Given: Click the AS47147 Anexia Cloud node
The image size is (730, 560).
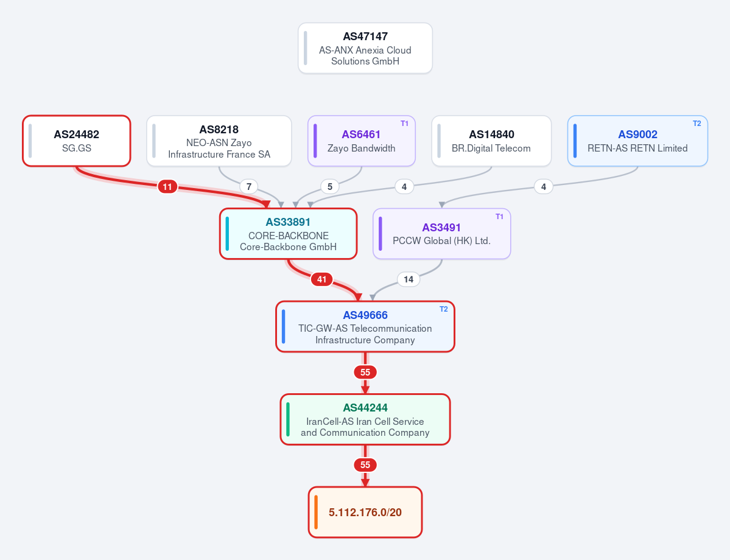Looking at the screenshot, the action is pos(365,49).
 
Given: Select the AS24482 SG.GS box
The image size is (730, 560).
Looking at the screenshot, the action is pos(76,141).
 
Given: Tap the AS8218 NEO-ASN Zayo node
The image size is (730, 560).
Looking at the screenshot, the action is pos(219,141).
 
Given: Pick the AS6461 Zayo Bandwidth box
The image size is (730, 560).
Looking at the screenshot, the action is pos(361,141).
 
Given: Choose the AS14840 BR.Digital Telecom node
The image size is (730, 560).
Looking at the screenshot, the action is pos(491,141).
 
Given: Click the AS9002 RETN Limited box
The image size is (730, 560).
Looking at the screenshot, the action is pos(637,141).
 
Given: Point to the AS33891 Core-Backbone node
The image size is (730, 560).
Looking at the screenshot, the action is pos(288,234).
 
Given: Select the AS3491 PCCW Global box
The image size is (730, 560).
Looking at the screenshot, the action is pos(441,234).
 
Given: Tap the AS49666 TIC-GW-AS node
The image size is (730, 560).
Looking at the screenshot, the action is pos(365,327).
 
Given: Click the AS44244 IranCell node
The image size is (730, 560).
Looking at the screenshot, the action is pos(365,419).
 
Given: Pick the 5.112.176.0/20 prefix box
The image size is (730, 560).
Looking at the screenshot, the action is pos(365,512).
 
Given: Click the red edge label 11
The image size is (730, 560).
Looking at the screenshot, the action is pos(167,187).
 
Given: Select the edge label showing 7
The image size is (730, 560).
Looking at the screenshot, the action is pos(248,187).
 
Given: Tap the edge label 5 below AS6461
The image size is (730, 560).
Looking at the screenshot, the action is pos(329,187).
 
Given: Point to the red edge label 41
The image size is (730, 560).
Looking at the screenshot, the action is pos(321,279).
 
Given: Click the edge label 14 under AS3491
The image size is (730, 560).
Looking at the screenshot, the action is pos(409,279).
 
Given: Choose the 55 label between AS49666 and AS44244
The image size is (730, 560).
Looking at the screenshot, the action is pos(365,373).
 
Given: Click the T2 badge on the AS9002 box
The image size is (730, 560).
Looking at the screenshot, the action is pos(697,124).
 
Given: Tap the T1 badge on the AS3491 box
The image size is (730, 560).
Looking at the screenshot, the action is pos(499,217).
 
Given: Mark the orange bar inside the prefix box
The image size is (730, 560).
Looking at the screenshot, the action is pos(316,512).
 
